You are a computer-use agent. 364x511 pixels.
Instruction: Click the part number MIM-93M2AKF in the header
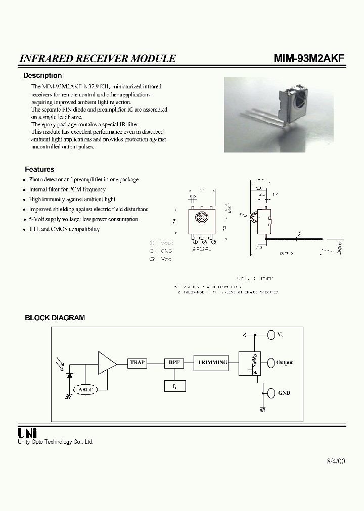309,58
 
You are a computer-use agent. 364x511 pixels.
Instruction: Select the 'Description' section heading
42,76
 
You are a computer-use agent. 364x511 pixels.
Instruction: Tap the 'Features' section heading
39,170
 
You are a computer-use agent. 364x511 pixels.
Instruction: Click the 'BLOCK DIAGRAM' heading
55,318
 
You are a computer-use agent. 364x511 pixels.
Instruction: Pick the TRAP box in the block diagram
138,363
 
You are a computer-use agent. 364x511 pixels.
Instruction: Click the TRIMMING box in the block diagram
212,363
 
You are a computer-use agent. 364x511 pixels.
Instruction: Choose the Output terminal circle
270,363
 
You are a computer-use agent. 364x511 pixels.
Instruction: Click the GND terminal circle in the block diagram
270,393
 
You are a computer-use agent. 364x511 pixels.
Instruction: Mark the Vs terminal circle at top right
270,334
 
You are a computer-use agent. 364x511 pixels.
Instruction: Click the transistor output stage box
250,363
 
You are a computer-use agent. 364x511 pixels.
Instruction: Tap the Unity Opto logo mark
28,433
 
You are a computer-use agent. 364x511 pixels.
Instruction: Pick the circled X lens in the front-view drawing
199,219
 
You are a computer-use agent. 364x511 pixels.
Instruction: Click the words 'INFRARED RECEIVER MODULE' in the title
98,59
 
